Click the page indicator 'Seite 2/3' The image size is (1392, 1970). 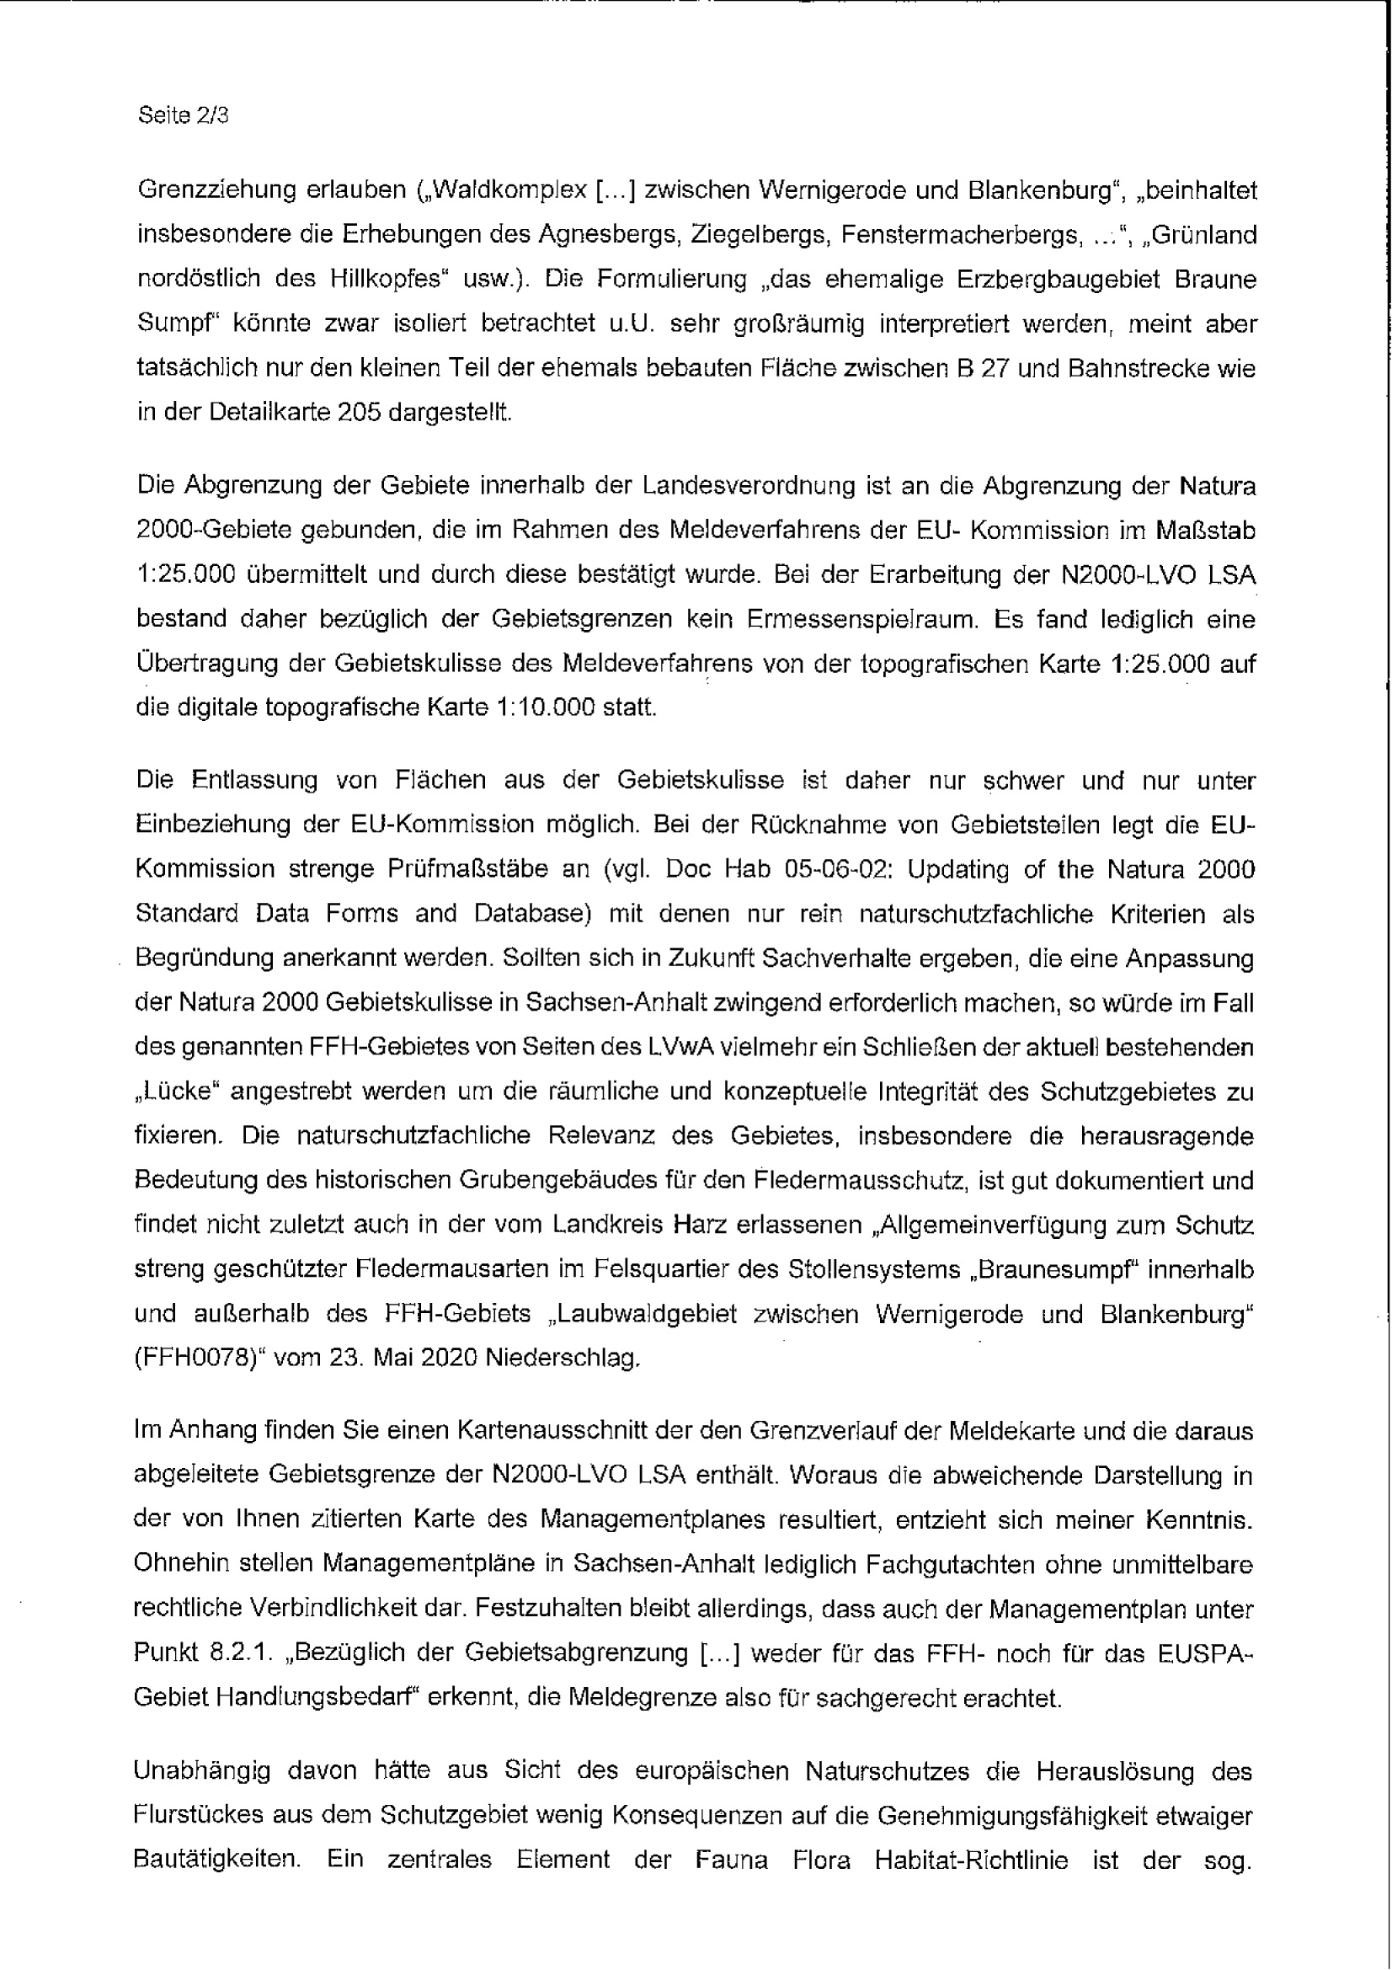point(183,115)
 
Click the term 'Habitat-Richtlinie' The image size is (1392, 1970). point(971,1861)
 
